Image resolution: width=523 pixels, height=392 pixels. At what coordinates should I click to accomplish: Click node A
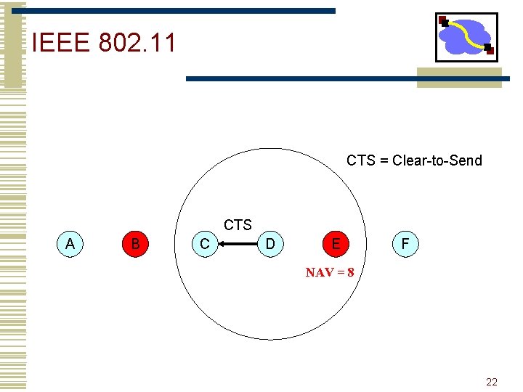pyautogui.click(x=70, y=244)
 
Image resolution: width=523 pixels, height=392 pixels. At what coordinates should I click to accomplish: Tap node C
pyautogui.click(x=205, y=244)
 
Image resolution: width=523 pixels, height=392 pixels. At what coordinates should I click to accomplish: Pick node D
pyautogui.click(x=270, y=244)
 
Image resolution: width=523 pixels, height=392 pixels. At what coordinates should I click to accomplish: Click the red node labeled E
pyautogui.click(x=336, y=244)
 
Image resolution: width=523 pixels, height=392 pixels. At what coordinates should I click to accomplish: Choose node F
pyautogui.click(x=405, y=244)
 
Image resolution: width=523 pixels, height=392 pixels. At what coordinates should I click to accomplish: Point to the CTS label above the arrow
pyautogui.click(x=238, y=225)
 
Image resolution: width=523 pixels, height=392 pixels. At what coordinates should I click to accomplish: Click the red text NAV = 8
pyautogui.click(x=329, y=273)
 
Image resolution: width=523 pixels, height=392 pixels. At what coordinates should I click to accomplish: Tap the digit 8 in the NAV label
pyautogui.click(x=350, y=273)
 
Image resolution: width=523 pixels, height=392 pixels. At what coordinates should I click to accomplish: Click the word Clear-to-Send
pyautogui.click(x=437, y=160)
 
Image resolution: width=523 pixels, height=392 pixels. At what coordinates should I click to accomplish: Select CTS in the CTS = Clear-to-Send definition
pyautogui.click(x=361, y=160)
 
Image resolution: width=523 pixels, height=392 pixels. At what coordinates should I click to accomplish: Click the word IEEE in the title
pyautogui.click(x=61, y=43)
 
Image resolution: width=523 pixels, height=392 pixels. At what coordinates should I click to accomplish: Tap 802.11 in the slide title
pyautogui.click(x=137, y=43)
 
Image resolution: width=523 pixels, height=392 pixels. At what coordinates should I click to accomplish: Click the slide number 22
pyautogui.click(x=492, y=382)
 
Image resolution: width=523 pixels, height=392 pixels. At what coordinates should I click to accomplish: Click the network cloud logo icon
pyautogui.click(x=466, y=36)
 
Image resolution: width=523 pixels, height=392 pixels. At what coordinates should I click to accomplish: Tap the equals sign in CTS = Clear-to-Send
pyautogui.click(x=384, y=160)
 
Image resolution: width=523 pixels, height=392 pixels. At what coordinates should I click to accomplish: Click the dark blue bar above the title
pyautogui.click(x=182, y=11)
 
